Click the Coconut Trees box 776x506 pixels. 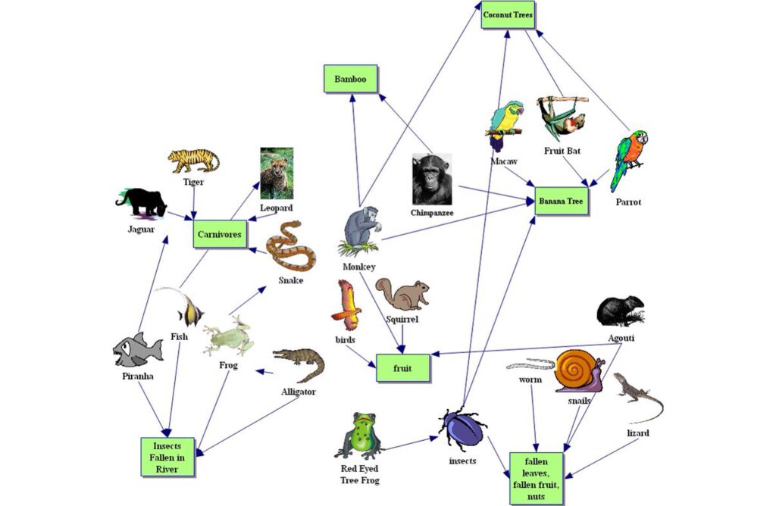click(508, 15)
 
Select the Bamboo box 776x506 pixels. click(350, 79)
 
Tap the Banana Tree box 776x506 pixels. click(562, 202)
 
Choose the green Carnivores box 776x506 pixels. click(221, 235)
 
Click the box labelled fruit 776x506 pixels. click(403, 367)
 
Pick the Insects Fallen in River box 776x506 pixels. click(167, 457)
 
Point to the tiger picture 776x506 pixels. click(193, 161)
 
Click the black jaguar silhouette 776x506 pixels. click(142, 202)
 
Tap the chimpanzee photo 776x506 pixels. click(431, 179)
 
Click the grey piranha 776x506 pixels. click(137, 350)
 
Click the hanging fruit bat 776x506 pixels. click(561, 117)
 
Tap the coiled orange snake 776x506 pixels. click(291, 246)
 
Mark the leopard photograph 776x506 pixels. click(277, 173)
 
